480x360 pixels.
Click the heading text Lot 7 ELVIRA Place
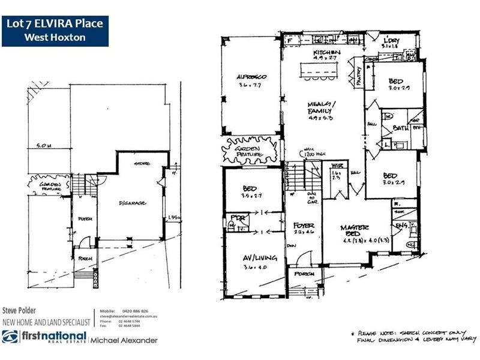tap(55, 25)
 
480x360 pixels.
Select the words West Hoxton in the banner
tap(55, 37)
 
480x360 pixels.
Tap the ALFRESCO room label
tap(251, 77)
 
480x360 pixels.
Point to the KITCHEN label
tap(327, 53)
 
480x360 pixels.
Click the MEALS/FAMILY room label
tap(321, 107)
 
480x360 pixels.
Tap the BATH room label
tap(400, 128)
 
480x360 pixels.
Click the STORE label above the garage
tap(142, 163)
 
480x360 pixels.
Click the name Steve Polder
tap(20, 311)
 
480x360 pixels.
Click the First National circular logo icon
tap(10, 337)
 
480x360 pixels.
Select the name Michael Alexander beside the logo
tap(124, 340)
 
